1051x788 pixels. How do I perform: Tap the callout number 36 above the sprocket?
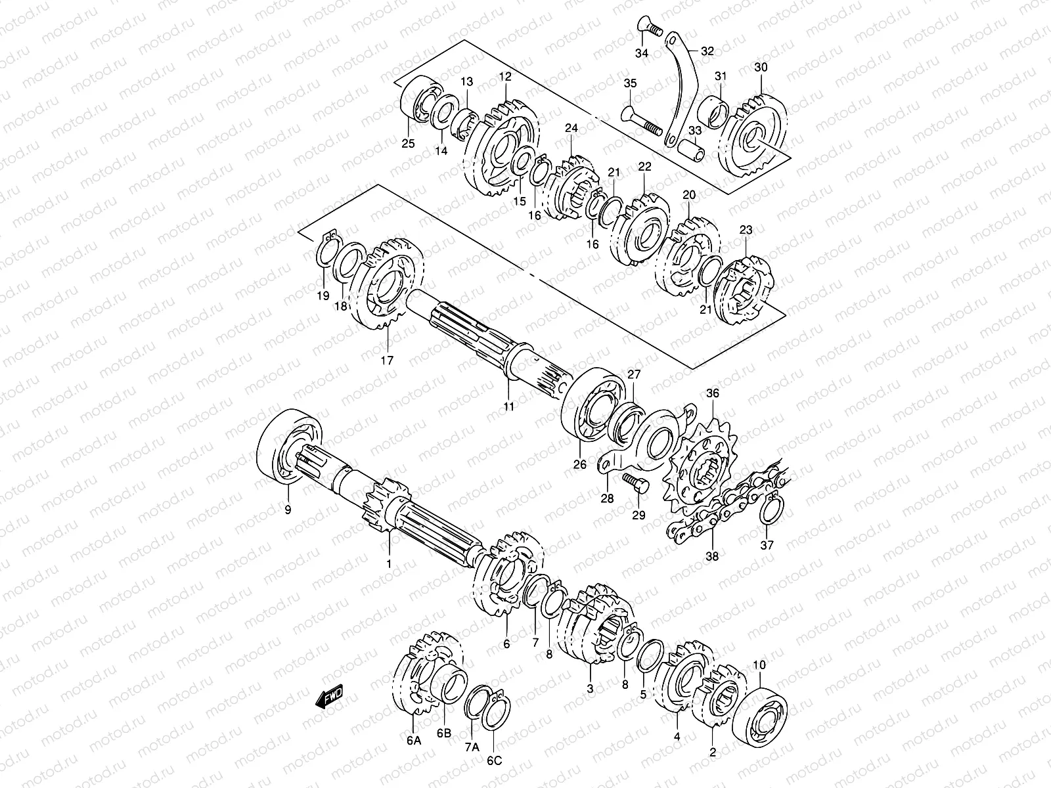click(713, 394)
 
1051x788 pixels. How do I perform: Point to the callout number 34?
click(642, 53)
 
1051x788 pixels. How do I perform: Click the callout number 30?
click(761, 68)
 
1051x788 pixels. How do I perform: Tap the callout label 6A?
click(413, 741)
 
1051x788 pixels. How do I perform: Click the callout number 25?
click(408, 143)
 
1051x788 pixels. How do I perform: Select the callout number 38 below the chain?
click(712, 556)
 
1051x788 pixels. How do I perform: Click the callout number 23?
click(746, 230)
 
